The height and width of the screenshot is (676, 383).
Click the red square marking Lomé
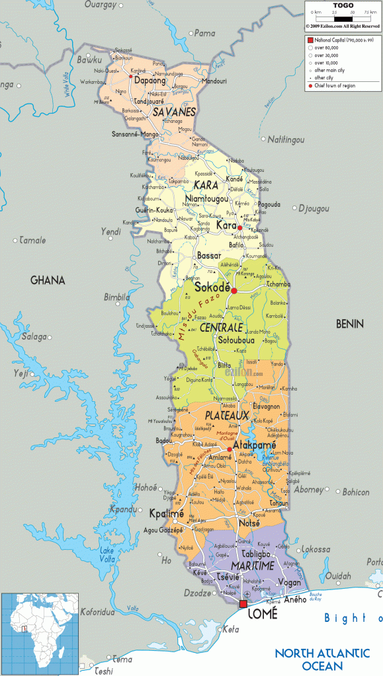coord(243,604)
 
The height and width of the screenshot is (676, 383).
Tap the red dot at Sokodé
coord(234,290)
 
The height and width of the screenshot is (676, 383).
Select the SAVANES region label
coord(174,112)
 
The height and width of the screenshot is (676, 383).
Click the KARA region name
coord(206,186)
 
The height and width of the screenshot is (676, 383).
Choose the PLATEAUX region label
coord(227,415)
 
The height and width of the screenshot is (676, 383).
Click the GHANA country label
coord(48,280)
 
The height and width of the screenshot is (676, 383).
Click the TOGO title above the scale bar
coord(343,5)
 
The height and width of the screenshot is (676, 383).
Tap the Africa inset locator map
coord(40,634)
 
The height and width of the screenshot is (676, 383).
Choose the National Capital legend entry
coord(341,40)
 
